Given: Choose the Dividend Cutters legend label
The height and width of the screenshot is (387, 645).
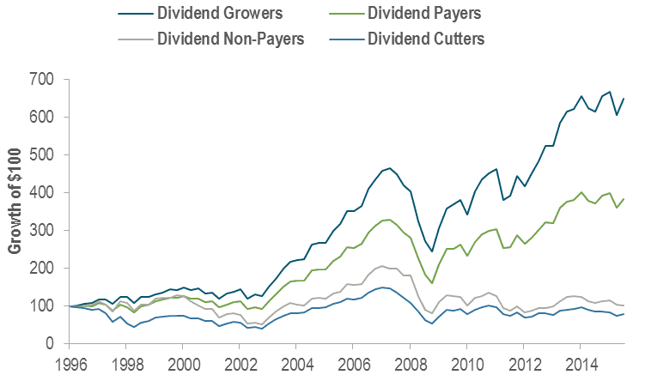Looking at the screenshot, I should (x=423, y=38).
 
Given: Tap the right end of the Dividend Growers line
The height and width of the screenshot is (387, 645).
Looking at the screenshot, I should (x=623, y=99).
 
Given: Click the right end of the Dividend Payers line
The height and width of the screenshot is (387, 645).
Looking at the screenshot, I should (x=623, y=199).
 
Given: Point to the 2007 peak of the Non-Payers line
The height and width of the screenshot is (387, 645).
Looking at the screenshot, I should (x=383, y=266).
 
